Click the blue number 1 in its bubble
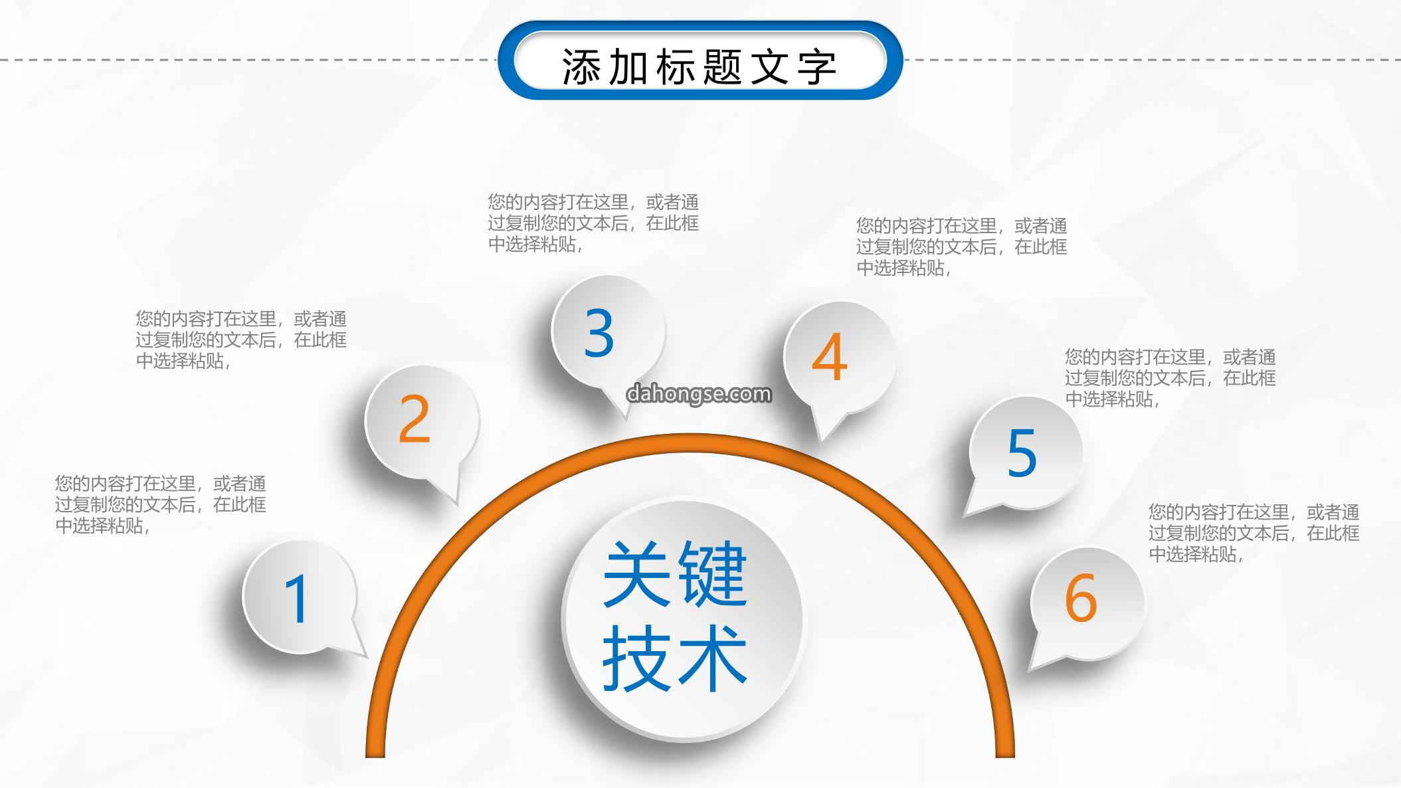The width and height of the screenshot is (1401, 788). (x=297, y=599)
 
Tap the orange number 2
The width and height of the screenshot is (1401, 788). (x=415, y=419)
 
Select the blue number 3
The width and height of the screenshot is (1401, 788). (x=599, y=334)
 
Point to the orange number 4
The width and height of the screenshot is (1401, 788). (x=830, y=357)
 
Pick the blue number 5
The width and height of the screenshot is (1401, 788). (x=1022, y=453)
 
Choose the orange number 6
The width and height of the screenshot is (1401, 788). (x=1081, y=598)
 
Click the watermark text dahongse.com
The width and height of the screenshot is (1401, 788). (x=699, y=395)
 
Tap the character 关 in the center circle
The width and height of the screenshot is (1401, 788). (x=636, y=573)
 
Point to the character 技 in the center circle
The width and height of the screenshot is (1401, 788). (x=636, y=658)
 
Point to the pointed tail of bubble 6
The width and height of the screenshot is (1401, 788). (x=1030, y=668)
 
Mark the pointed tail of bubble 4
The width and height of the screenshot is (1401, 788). (x=822, y=441)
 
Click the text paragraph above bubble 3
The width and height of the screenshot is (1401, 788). (x=593, y=223)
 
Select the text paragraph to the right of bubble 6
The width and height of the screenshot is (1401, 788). (x=1254, y=533)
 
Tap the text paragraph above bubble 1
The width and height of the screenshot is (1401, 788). (x=161, y=504)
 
